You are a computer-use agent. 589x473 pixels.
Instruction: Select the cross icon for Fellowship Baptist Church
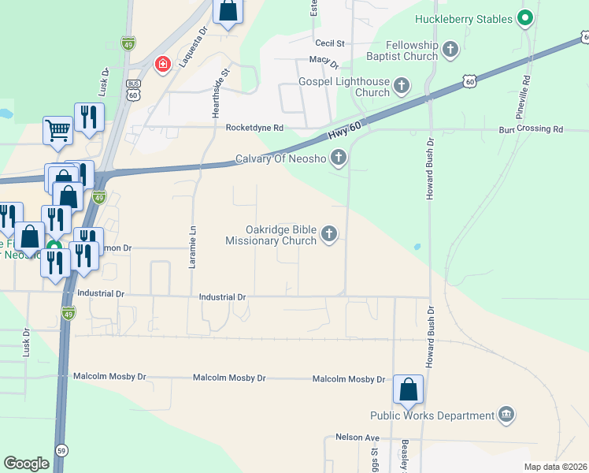(x=450, y=51)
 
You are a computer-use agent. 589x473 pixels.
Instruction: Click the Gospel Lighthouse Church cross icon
(x=402, y=85)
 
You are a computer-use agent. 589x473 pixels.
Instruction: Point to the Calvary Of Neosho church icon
(x=339, y=158)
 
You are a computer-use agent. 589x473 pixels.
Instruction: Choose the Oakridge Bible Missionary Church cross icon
(x=329, y=233)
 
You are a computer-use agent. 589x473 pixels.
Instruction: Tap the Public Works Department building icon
(x=506, y=415)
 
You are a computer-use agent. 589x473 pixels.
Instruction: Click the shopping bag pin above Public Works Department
(x=408, y=389)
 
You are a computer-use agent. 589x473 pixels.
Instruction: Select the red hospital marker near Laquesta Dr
(x=164, y=64)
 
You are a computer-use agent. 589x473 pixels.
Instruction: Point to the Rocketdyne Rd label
(x=254, y=128)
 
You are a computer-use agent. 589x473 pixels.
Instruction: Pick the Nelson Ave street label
(x=357, y=438)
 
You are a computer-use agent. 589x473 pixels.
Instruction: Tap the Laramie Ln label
(x=191, y=246)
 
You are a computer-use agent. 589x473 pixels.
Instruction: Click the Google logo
(x=26, y=464)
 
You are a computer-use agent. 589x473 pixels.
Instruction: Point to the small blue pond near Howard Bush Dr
(x=416, y=247)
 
